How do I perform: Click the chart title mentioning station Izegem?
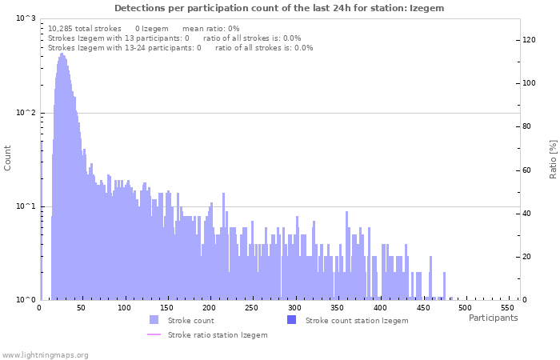[279, 8]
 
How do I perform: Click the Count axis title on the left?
[8, 158]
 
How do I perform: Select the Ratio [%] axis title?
[553, 158]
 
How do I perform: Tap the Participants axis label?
[493, 318]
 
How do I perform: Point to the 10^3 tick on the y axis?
[26, 18]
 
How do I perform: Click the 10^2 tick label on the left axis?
[26, 113]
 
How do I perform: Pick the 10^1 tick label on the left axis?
[26, 206]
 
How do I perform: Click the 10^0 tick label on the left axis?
[26, 300]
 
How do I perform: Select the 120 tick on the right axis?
[530, 39]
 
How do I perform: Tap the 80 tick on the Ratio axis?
[527, 126]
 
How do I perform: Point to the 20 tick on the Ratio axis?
[527, 257]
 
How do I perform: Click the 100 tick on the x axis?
[124, 308]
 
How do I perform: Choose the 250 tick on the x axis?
[251, 308]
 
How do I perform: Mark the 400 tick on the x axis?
[379, 308]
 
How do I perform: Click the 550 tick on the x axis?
[507, 308]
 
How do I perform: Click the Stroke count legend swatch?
[154, 320]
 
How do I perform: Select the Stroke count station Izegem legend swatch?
[291, 320]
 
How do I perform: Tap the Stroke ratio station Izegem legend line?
[154, 334]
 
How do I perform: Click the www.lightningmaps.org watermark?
[45, 354]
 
